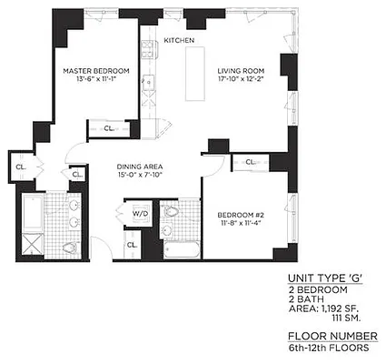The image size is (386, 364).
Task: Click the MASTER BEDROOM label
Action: (x=95, y=71)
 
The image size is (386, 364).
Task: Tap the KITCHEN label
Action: (x=179, y=41)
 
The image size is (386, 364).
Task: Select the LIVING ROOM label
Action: (x=240, y=71)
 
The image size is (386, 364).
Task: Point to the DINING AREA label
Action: (x=140, y=167)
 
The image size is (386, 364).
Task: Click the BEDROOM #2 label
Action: (x=241, y=216)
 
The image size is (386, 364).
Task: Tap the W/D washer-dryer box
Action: (x=140, y=214)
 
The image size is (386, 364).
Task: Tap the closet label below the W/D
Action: (x=132, y=245)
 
